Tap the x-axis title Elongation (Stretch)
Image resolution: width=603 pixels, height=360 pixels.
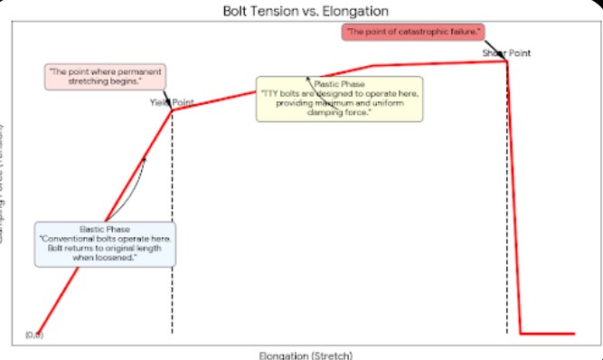[301, 354]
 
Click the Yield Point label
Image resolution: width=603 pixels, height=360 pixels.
[172, 102]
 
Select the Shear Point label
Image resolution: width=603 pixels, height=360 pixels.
[506, 52]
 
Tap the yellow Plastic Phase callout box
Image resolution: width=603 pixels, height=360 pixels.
[338, 99]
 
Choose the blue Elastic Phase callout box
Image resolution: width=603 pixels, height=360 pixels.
[105, 243]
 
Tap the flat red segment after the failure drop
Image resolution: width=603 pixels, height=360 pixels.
[547, 334]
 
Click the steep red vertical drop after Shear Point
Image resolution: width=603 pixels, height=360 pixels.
[513, 199]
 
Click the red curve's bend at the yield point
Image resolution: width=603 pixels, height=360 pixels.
[172, 110]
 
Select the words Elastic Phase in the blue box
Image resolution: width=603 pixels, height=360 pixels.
[105, 229]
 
